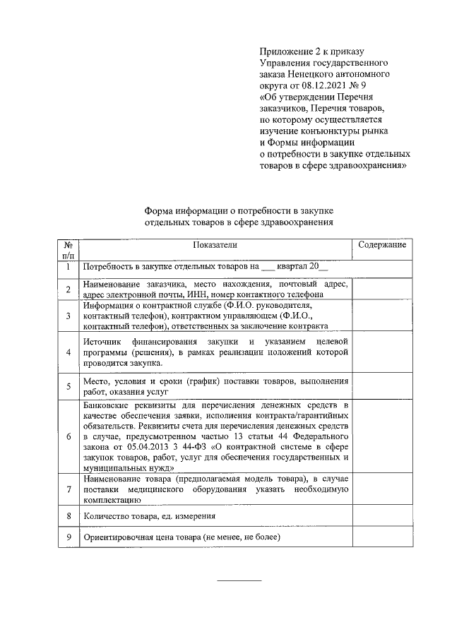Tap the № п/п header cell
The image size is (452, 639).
[x=68, y=249]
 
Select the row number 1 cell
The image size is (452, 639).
[x=68, y=268]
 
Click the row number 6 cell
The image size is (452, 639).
[x=68, y=436]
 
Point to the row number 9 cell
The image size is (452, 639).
[x=68, y=537]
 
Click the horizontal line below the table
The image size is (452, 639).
[x=239, y=580]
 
